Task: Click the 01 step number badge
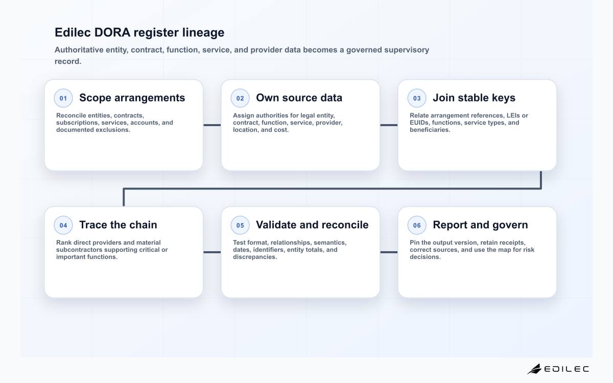click(63, 98)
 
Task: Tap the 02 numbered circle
click(240, 98)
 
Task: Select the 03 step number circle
click(417, 98)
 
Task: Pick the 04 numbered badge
click(63, 225)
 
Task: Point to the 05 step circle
click(240, 225)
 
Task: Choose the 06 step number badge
click(417, 225)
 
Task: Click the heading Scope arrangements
click(132, 98)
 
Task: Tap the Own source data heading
click(299, 98)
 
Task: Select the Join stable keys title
click(474, 98)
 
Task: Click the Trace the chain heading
click(118, 225)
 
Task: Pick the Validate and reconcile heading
click(312, 225)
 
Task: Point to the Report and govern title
click(480, 225)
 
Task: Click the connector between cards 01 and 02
click(212, 125)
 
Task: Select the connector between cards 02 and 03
click(389, 125)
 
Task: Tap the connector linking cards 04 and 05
click(212, 252)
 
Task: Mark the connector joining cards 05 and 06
click(389, 252)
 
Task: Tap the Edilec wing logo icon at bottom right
click(534, 369)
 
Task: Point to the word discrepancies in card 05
click(255, 257)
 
